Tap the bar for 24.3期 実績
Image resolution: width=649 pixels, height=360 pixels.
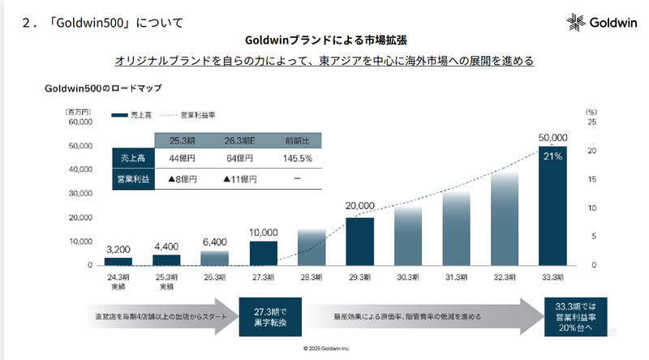[118, 261]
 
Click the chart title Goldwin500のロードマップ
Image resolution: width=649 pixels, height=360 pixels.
[103, 88]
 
